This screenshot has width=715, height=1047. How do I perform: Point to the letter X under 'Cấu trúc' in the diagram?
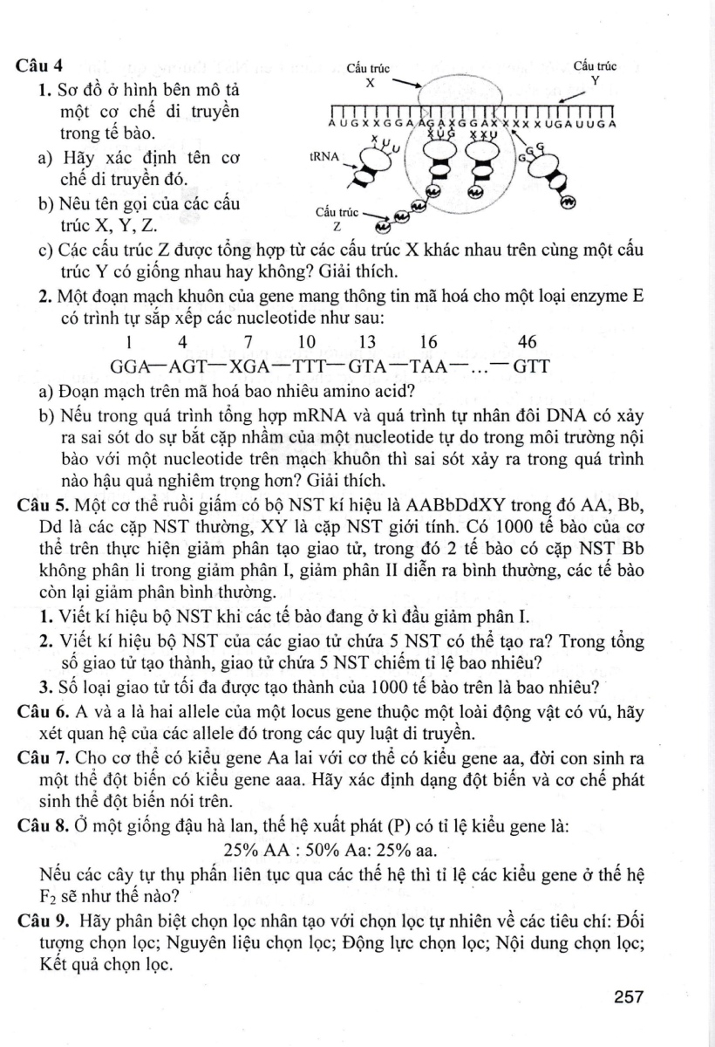370,83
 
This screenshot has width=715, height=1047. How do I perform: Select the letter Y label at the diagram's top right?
596,79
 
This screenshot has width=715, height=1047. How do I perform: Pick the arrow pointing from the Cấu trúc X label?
402,85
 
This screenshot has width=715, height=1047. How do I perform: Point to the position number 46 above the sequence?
527,341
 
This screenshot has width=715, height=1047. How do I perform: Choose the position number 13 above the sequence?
367,341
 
